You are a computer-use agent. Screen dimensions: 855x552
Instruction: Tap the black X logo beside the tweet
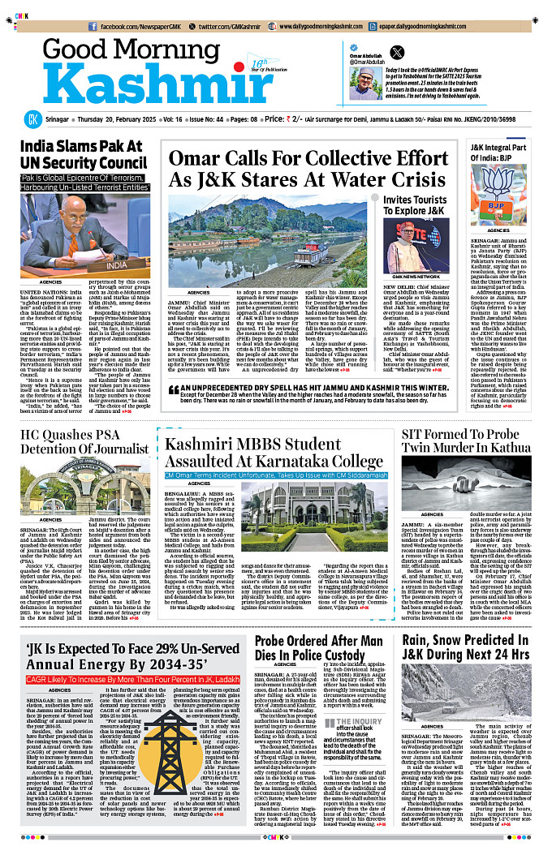(x=396, y=51)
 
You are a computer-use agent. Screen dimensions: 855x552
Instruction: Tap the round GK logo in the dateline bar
(x=32, y=118)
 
